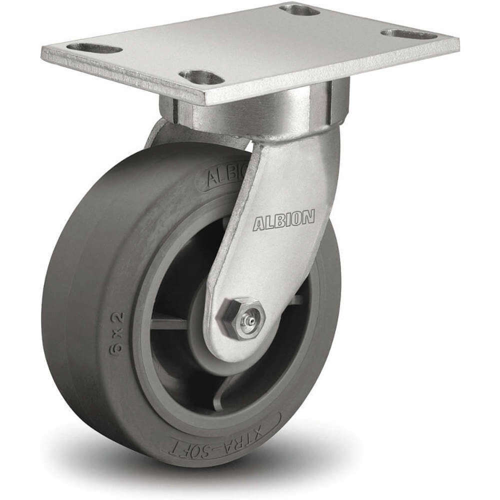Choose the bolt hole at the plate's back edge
pyautogui.click(x=299, y=9)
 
